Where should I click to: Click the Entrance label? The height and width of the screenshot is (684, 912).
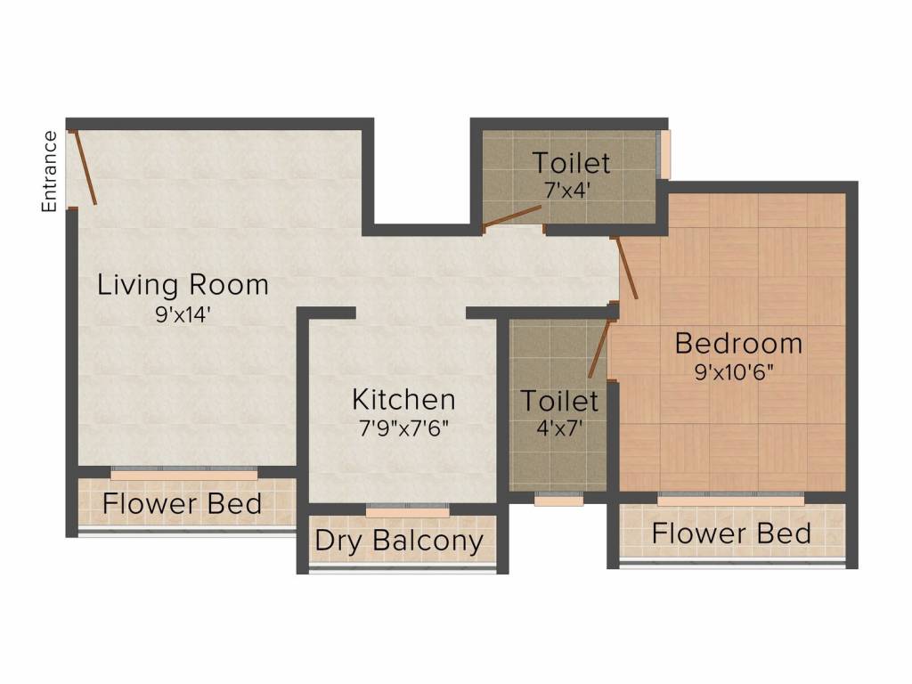50,171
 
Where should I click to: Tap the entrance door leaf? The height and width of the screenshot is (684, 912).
85,167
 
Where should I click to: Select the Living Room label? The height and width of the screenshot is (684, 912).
183,285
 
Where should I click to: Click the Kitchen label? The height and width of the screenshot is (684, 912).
403,399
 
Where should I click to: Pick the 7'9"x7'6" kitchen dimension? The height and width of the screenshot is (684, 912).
403,427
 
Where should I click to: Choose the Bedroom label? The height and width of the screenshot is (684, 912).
738,343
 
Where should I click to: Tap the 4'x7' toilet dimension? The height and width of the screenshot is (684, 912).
558,427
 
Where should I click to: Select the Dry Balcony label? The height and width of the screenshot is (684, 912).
399,541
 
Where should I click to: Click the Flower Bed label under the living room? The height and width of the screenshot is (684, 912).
183,503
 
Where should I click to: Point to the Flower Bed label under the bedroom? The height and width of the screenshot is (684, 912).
731,533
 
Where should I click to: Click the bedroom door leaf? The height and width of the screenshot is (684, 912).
626,268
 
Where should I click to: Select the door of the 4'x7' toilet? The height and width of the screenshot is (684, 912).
598,349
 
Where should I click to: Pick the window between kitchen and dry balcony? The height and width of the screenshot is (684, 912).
408,510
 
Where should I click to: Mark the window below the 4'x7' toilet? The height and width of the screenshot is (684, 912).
558,501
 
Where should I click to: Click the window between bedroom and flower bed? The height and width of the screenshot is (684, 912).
730,499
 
